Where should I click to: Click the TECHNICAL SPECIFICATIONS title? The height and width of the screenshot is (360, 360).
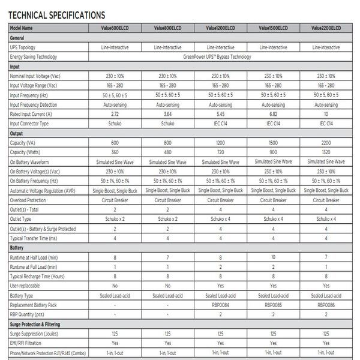pyautogui.click(x=57, y=14)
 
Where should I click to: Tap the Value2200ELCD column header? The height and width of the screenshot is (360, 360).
pyautogui.click(x=326, y=28)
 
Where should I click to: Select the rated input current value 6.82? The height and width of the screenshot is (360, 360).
pyautogui.click(x=273, y=114)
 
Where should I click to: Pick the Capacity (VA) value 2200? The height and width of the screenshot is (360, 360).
pyautogui.click(x=326, y=143)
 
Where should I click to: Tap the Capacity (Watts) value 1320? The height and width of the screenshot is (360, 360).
pyautogui.click(x=326, y=152)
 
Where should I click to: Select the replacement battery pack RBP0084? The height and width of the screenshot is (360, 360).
pyautogui.click(x=220, y=305)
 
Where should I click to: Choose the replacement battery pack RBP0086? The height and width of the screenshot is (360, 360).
pyautogui.click(x=326, y=305)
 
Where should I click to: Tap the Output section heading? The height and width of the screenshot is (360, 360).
pyautogui.click(x=16, y=133)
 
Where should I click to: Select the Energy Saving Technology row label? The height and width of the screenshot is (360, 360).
pyautogui.click(x=34, y=57)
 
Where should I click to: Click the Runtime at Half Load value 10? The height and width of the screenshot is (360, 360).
pyautogui.click(x=273, y=257)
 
